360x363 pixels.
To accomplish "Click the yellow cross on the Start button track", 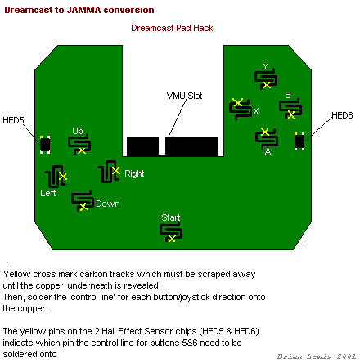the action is (172, 239).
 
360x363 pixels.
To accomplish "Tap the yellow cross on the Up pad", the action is (82, 150).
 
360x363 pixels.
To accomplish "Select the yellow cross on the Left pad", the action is (63, 177).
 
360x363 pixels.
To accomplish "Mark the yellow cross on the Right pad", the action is (116, 171).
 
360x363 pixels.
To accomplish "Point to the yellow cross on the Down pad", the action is (83, 207).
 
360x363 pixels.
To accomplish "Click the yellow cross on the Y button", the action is (267, 85).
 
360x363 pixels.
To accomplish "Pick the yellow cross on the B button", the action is (291, 115).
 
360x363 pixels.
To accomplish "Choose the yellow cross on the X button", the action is (238, 102).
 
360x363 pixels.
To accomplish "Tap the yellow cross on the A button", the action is (264, 132).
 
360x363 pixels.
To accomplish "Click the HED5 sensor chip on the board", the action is (45, 145).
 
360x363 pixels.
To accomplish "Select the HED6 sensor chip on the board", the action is (299, 141).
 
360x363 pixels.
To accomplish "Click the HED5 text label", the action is (13, 120).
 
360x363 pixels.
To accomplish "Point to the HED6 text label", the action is (342, 115).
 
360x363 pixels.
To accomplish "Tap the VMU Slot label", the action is (184, 96).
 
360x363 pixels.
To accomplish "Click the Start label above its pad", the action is (171, 217).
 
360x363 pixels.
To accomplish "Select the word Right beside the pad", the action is (134, 173).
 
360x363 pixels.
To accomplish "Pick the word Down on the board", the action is (108, 204).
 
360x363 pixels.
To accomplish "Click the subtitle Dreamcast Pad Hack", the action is (172, 28).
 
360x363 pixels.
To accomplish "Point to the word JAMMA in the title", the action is (83, 10).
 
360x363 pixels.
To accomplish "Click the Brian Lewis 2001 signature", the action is (317, 356).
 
